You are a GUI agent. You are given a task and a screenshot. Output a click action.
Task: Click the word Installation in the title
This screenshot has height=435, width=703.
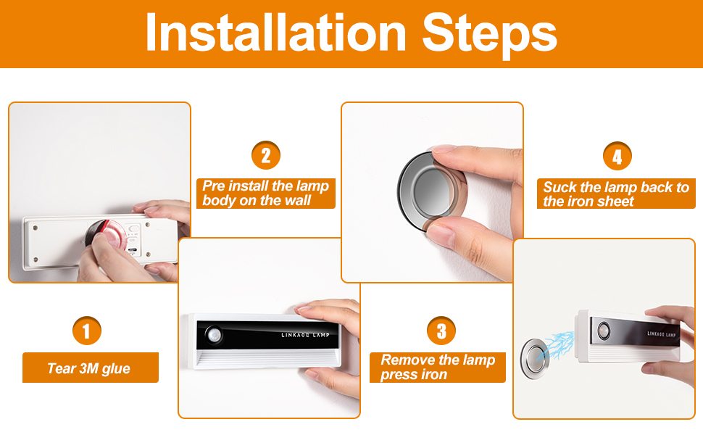pyautogui.click(x=275, y=33)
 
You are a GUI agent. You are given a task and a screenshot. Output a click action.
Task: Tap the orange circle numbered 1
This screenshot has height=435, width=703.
pyautogui.click(x=86, y=331)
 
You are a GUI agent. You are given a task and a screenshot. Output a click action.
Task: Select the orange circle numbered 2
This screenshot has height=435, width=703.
pyautogui.click(x=266, y=156)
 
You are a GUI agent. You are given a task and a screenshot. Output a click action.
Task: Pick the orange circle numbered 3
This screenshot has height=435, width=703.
pyautogui.click(x=441, y=331)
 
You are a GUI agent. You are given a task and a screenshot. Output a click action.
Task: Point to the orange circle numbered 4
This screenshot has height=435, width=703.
pyautogui.click(x=617, y=156)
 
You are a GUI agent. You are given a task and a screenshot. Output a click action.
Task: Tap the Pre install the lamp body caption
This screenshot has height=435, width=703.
pyautogui.click(x=266, y=194)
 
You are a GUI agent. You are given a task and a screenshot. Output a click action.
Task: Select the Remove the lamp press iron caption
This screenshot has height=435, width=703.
pyautogui.click(x=438, y=368)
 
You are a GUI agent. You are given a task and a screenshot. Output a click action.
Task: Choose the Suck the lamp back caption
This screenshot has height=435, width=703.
pyautogui.click(x=616, y=194)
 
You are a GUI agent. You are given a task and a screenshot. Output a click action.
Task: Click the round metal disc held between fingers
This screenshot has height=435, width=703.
pyautogui.click(x=431, y=191)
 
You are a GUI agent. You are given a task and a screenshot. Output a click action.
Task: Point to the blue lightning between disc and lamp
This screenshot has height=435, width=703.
pyautogui.click(x=556, y=345)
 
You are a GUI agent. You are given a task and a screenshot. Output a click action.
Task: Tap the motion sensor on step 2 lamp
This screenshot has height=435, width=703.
pyautogui.click(x=214, y=334)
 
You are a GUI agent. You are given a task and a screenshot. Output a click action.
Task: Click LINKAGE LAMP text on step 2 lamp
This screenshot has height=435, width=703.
pyautogui.click(x=305, y=334)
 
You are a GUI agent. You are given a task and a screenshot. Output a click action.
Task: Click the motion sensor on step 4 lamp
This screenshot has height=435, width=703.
pyautogui.click(x=604, y=330)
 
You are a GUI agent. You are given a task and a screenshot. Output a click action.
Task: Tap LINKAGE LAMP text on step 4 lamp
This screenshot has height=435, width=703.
pyautogui.click(x=661, y=334)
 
